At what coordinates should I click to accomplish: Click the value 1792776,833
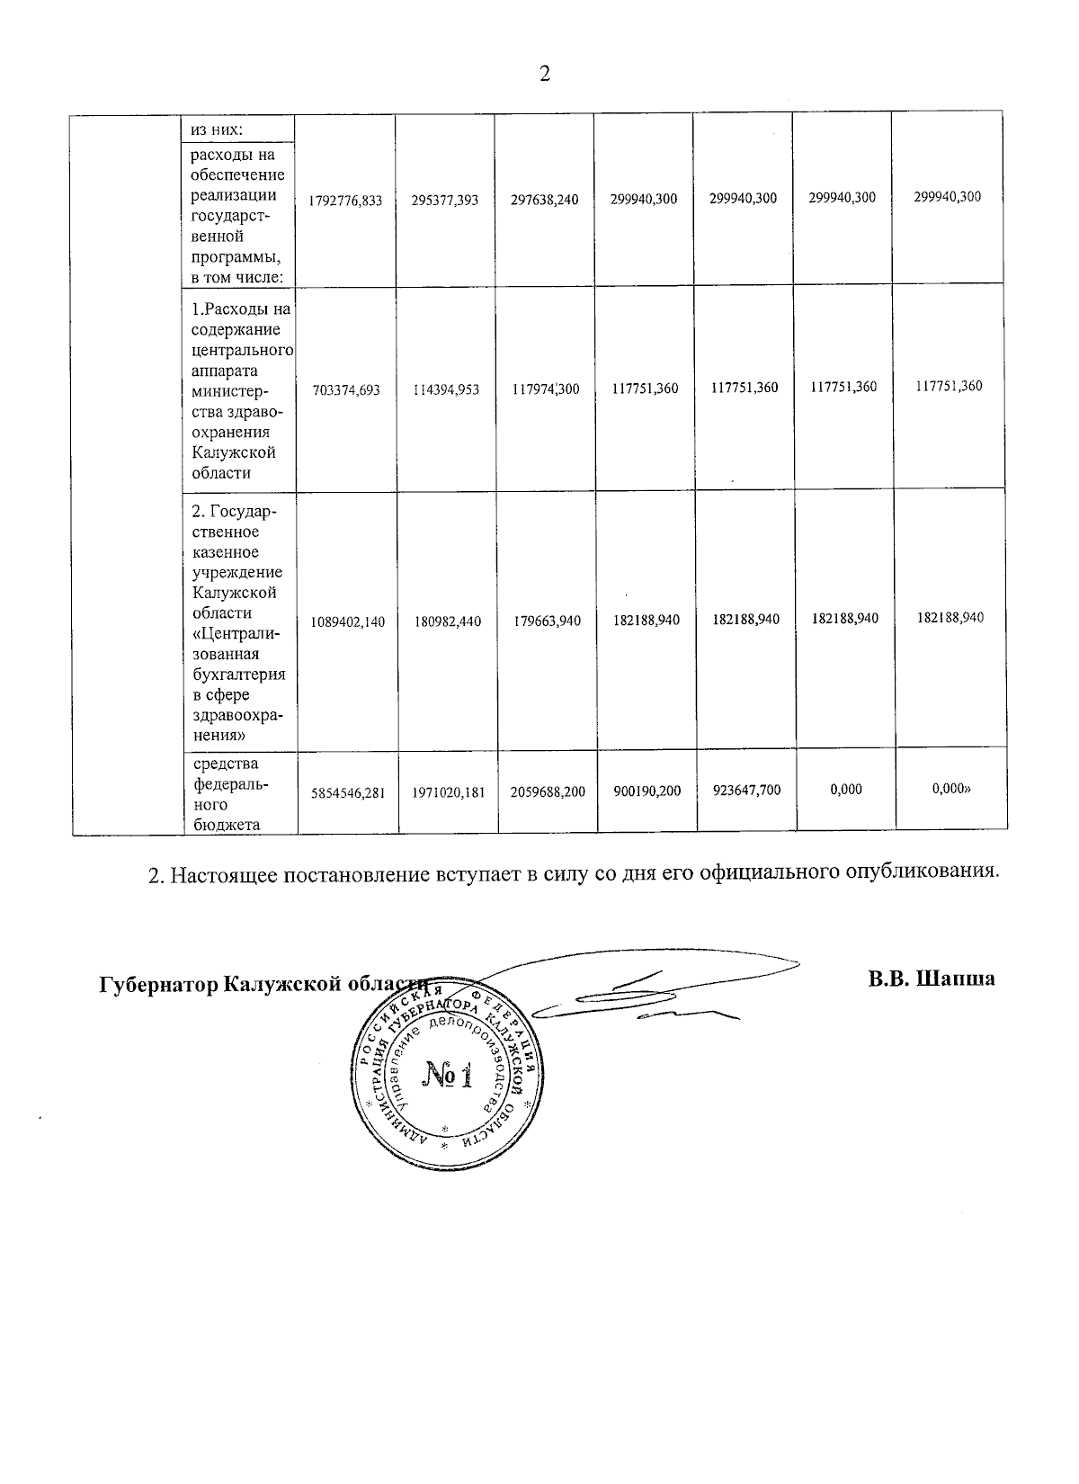tap(345, 201)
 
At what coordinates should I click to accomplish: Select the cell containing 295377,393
tap(445, 201)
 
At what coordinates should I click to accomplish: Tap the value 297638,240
tap(544, 200)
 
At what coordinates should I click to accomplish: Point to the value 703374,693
tap(345, 389)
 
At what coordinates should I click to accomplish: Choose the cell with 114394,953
tap(445, 389)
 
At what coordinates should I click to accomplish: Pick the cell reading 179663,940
tap(546, 621)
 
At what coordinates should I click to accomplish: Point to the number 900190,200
tap(645, 791)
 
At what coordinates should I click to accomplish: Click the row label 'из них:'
tap(210, 129)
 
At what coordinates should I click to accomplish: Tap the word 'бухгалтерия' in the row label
tap(238, 674)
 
